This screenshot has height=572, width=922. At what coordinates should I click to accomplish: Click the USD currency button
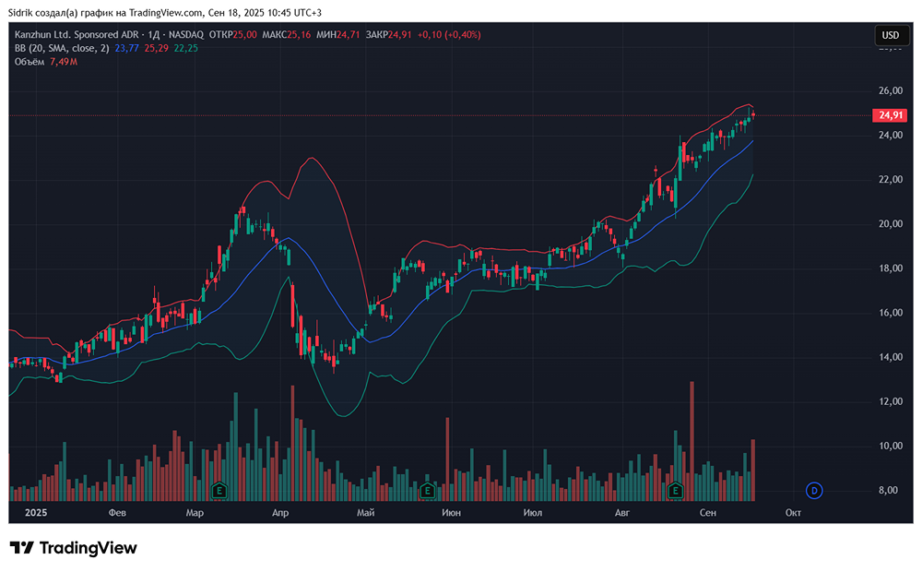point(890,35)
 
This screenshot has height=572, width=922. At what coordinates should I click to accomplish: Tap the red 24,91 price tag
point(889,115)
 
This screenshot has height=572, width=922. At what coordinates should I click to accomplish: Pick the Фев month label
point(116,512)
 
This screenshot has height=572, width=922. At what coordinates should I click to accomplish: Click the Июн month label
point(451,512)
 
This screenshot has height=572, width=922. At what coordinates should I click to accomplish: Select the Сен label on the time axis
point(708,512)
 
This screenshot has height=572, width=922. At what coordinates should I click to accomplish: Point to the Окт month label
point(791,512)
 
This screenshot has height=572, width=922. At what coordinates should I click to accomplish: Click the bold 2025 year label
point(36,512)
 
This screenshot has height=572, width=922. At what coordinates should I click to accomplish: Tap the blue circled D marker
point(813,490)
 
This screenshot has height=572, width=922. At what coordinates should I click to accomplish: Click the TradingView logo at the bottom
point(74,548)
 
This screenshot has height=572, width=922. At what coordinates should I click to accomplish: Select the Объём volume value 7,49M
point(63,61)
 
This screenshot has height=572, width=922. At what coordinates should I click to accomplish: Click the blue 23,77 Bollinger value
point(126,48)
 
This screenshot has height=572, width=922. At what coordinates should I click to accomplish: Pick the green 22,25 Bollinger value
point(185,48)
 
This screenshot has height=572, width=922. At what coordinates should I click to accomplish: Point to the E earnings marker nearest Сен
point(676,490)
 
